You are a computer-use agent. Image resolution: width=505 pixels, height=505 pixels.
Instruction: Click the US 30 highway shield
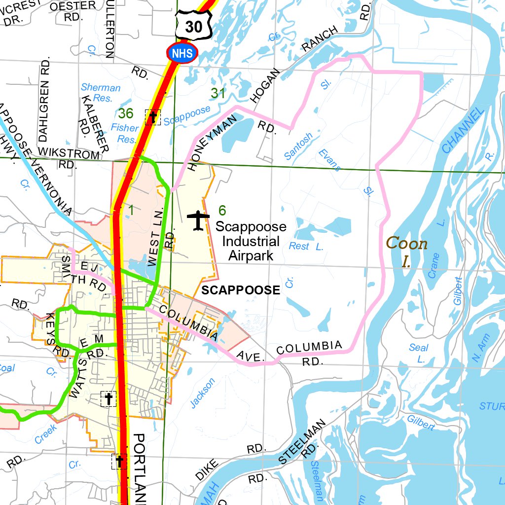[x=193, y=25]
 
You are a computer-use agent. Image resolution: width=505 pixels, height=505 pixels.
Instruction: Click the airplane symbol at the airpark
[x=198, y=219]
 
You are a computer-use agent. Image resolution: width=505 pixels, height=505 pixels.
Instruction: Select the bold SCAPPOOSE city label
[x=240, y=290]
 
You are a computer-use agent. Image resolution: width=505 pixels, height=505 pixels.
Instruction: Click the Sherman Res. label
[x=101, y=93]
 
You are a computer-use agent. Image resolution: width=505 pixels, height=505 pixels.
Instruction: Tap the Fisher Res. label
[x=125, y=133]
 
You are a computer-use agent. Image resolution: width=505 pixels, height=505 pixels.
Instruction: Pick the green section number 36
[x=126, y=114]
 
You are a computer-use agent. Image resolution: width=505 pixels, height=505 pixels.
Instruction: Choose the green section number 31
[x=218, y=93]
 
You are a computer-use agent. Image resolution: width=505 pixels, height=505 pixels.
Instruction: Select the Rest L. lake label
[x=306, y=246]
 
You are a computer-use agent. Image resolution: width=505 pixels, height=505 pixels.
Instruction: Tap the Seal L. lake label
[x=419, y=353]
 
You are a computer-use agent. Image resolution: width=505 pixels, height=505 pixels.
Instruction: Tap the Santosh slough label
[x=298, y=146]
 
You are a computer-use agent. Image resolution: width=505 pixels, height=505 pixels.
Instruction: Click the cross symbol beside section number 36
[x=153, y=117]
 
